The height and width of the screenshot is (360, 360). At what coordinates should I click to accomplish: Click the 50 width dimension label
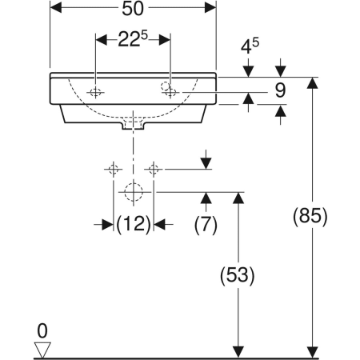pyautogui.click(x=133, y=9)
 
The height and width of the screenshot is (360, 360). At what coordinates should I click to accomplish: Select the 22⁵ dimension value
pyautogui.click(x=133, y=39)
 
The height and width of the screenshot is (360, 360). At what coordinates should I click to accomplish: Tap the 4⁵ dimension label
pyautogui.click(x=250, y=46)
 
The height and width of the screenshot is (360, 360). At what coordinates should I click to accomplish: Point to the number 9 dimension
pyautogui.click(x=280, y=90)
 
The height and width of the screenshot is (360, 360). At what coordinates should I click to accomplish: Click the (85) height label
pyautogui.click(x=310, y=217)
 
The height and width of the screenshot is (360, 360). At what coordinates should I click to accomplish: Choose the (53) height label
pyautogui.click(x=238, y=275)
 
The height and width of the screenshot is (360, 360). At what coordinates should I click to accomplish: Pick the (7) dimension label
pyautogui.click(x=206, y=226)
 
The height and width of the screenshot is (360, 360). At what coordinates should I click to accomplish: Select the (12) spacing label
pyautogui.click(x=134, y=225)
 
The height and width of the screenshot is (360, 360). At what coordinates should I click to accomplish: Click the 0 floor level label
pyautogui.click(x=42, y=331)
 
